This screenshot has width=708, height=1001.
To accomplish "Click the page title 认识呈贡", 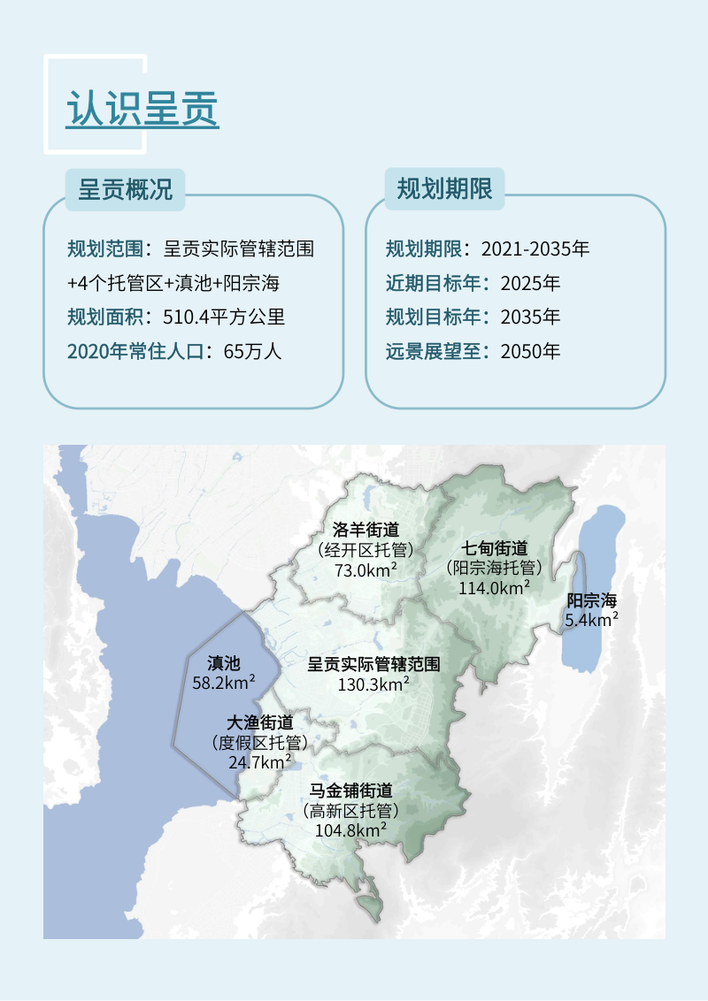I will click(142, 110).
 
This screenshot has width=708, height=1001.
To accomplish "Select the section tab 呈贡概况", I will click(125, 189).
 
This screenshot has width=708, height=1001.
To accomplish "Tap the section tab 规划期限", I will click(444, 189).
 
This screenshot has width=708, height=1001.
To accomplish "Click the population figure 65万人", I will click(252, 350).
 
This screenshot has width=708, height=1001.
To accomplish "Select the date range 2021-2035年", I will click(535, 248).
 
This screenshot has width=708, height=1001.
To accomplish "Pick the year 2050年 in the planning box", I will click(530, 350).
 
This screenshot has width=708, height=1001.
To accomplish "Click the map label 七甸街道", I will click(495, 548).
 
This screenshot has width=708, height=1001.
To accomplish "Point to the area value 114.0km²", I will click(495, 586).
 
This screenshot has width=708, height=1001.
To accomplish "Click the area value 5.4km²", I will click(591, 620).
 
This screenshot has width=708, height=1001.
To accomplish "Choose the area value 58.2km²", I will click(224, 682).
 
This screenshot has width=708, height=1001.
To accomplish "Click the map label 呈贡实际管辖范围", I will click(373, 663).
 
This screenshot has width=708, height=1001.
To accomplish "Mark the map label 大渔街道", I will click(260, 722).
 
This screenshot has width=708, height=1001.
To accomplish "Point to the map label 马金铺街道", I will click(350, 791).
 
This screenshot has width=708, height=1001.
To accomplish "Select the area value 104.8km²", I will click(350, 829).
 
